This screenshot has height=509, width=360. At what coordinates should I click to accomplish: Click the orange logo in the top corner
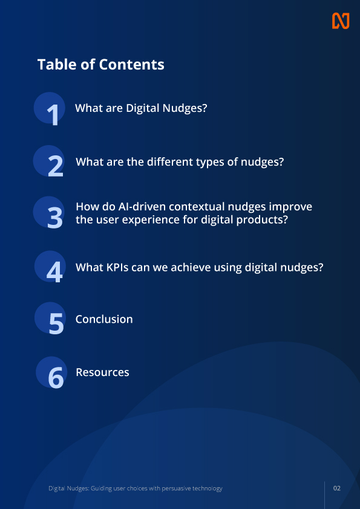(x=341, y=21)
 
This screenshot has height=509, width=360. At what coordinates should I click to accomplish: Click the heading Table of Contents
(x=100, y=64)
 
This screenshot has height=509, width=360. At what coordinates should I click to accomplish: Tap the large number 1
(x=54, y=114)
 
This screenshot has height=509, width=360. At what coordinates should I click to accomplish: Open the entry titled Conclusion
(x=104, y=319)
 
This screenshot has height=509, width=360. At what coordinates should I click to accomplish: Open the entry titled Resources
(x=102, y=372)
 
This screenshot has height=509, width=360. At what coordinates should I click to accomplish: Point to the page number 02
(x=337, y=488)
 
